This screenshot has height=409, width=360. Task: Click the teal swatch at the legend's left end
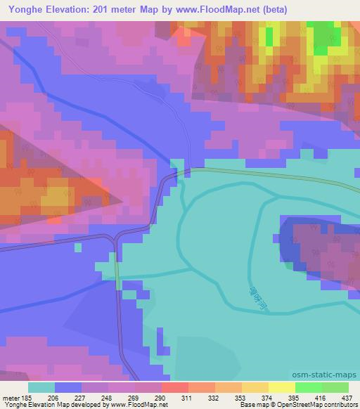41,387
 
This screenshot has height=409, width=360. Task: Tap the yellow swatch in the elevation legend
281,387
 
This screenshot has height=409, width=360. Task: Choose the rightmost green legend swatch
335,387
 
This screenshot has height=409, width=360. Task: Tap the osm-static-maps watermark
330,375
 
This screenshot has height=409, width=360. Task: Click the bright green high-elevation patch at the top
323,37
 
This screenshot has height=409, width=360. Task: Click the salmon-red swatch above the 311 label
174,387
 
